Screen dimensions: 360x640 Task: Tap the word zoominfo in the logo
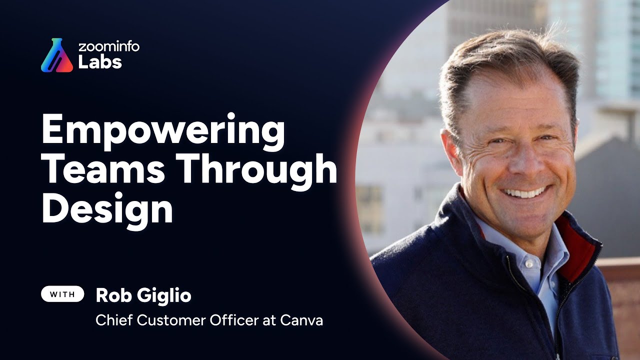point(109,47)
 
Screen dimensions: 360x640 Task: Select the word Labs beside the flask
point(100,63)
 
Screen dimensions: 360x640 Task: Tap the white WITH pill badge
point(62,295)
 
